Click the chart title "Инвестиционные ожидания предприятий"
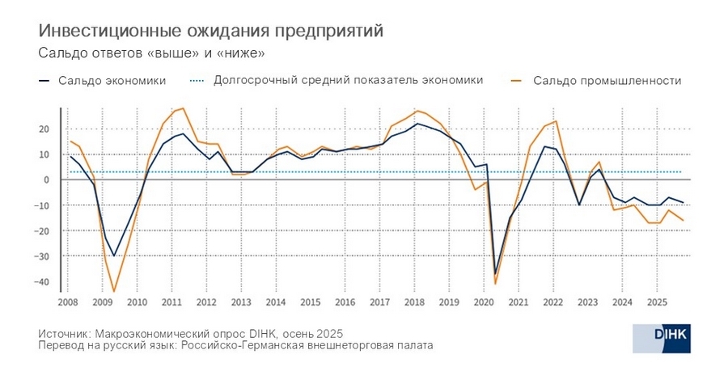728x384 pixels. pyautogui.click(x=211, y=31)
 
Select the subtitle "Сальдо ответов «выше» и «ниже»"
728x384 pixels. pyautogui.click(x=152, y=53)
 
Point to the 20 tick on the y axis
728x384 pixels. pyautogui.click(x=44, y=129)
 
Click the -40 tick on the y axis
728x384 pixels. pyautogui.click(x=43, y=282)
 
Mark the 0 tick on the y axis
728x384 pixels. pyautogui.click(x=47, y=180)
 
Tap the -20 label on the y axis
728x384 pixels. pyautogui.click(x=43, y=231)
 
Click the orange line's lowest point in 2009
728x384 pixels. pyautogui.click(x=114, y=292)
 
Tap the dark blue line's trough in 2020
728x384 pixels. pyautogui.click(x=495, y=274)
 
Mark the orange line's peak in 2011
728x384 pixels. pyautogui.click(x=183, y=108)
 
